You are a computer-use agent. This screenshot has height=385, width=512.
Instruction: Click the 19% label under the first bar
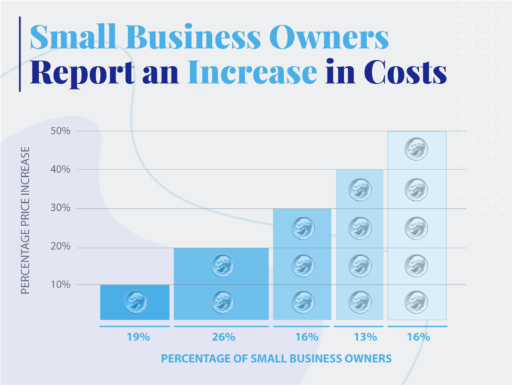(x=137, y=337)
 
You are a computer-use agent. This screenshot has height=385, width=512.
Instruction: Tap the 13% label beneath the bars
(x=360, y=337)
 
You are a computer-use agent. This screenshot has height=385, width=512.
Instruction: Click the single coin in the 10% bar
(x=136, y=302)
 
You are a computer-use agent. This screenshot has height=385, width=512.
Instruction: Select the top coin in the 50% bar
(x=417, y=149)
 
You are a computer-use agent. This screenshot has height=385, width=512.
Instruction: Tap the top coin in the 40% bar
(x=360, y=190)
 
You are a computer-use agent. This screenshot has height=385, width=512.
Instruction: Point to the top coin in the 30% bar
(x=303, y=228)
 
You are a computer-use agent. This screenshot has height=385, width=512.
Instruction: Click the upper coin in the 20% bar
(x=222, y=266)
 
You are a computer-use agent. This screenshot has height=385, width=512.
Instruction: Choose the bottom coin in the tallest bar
(x=417, y=302)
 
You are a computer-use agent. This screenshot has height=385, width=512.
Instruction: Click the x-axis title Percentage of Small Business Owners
(x=275, y=359)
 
